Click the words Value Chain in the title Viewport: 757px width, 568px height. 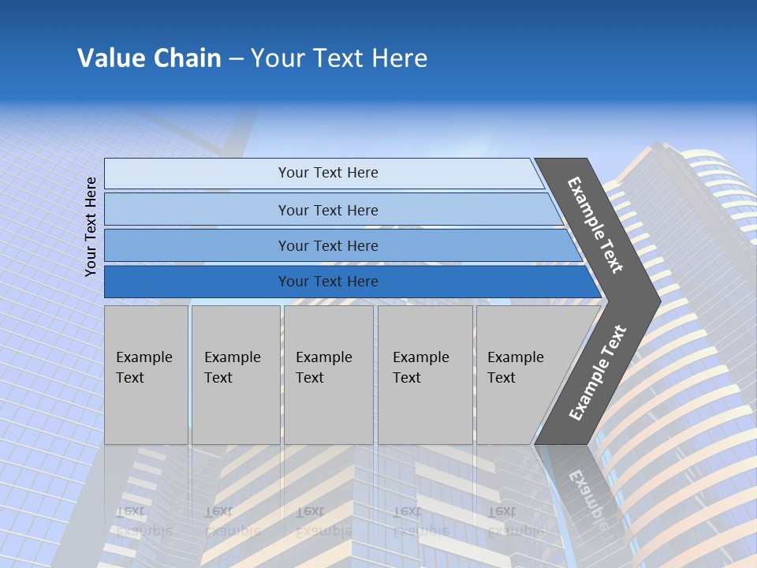pos(149,58)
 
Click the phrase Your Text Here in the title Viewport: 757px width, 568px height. pos(339,58)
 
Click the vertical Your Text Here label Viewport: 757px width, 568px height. pos(91,226)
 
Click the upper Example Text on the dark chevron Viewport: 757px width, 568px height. pos(595,225)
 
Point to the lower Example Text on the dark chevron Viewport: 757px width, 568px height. pos(598,372)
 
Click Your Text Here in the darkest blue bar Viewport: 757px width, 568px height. pos(328,282)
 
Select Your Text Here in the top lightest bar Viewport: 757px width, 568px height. pos(328,173)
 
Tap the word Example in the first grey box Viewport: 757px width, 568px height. pos(144,357)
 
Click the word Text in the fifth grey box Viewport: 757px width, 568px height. pos(501,378)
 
